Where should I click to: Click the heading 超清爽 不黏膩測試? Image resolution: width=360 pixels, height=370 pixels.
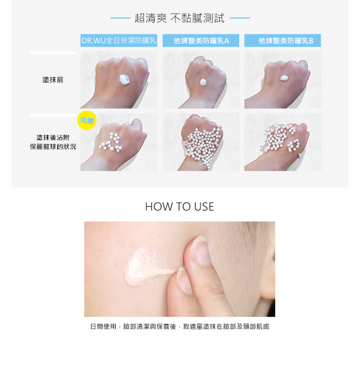tap(179, 18)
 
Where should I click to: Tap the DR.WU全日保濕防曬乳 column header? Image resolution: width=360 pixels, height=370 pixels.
tap(119, 40)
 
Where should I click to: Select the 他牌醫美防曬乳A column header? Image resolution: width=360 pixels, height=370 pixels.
tap(200, 40)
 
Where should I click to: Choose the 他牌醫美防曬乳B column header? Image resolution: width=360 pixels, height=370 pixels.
tap(282, 40)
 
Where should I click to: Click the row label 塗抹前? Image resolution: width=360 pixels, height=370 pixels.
tap(53, 80)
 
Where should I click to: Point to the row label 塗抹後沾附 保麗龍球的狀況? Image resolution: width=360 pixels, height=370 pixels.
tap(53, 142)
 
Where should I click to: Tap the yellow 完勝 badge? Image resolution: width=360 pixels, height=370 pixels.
tap(86, 120)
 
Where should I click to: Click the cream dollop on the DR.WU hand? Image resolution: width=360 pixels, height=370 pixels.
tap(124, 80)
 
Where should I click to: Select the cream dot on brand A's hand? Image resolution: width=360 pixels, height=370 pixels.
tap(203, 82)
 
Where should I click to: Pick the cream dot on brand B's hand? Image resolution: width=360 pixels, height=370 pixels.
tap(284, 78)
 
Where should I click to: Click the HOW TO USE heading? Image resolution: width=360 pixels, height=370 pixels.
tap(179, 207)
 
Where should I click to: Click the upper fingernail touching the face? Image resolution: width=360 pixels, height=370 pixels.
tap(200, 251)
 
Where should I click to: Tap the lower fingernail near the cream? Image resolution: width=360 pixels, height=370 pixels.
tap(183, 280)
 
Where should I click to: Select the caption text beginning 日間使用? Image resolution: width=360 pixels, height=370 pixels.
tap(179, 327)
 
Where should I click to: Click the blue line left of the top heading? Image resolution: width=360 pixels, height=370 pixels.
tap(120, 18)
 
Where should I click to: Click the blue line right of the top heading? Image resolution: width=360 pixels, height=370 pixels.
tap(240, 18)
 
